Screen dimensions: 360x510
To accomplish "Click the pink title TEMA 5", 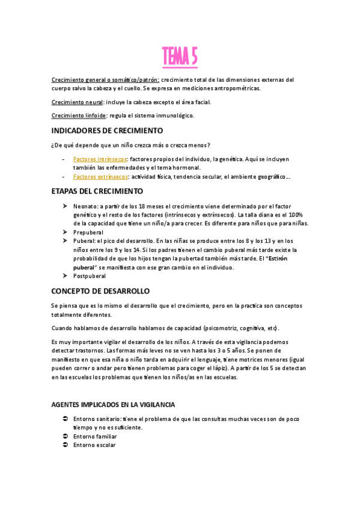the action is pos(180,58).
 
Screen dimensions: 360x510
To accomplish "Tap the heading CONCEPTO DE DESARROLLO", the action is pos(100,290).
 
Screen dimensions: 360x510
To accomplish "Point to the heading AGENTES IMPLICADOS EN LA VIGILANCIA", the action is pos(114,387).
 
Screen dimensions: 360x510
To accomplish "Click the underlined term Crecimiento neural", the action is pos(77,102).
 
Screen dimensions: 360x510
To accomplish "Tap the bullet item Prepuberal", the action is pos(88,232).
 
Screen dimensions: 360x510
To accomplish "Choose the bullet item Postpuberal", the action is pos(90,276).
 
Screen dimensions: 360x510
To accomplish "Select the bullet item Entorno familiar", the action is pos(95,437).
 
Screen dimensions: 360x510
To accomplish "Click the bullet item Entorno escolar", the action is pos(94,445).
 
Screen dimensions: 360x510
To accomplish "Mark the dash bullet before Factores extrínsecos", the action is pos(64,177).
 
